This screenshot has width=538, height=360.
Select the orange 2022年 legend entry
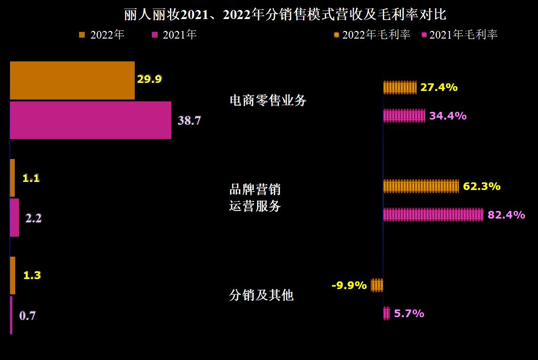coord(101,35)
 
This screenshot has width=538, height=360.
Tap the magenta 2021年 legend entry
coord(174,35)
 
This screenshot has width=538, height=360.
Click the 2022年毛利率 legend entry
coord(372,35)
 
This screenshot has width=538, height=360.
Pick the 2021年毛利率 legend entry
coord(459,35)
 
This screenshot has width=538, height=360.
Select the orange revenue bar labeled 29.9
coord(72,80)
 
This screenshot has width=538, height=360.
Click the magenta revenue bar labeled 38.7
coord(90,120)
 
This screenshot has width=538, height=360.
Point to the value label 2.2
coord(33,218)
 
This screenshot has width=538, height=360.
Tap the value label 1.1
coord(31,178)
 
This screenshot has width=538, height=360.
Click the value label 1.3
coord(32,275)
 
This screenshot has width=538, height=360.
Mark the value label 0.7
coord(27,315)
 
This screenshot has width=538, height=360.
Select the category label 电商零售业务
coord(268,100)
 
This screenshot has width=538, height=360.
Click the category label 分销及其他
coord(261,295)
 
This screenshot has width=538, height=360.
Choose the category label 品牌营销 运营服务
coord(255,198)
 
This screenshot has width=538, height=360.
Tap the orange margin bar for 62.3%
coord(421,186)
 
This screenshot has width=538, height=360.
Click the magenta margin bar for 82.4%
coord(433,215)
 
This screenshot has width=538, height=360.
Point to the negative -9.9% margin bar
coord(377,285)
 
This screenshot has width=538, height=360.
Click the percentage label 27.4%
coord(439,87)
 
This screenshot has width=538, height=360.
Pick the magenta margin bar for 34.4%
coord(404,116)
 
